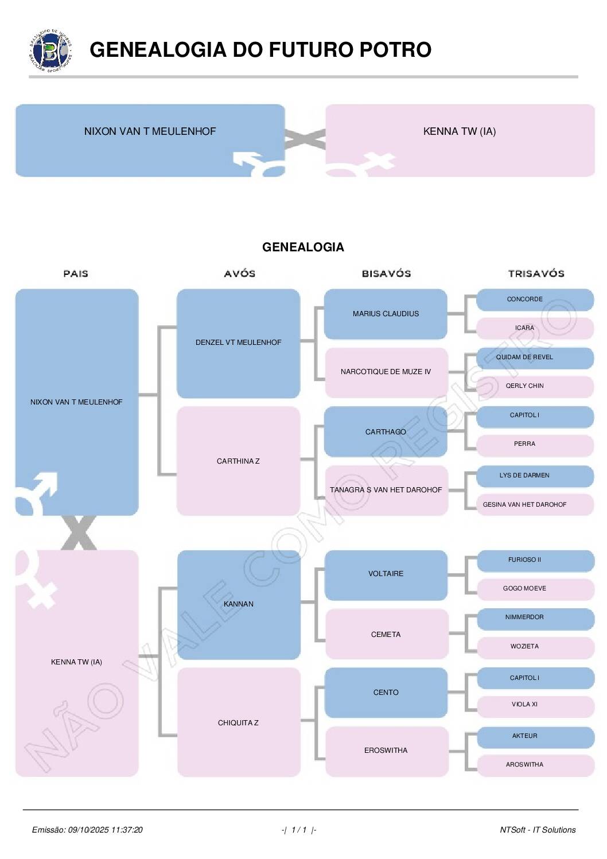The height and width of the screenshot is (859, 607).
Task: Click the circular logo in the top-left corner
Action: click(x=51, y=50)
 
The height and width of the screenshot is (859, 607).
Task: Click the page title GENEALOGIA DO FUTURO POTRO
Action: click(x=260, y=50)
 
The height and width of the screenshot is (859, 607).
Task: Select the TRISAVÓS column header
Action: click(x=536, y=274)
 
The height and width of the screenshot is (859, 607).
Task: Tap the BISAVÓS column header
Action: click(x=386, y=274)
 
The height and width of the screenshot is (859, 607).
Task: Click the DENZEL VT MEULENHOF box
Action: click(x=238, y=343)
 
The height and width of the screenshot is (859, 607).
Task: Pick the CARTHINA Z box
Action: click(x=238, y=461)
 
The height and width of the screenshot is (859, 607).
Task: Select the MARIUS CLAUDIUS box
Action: click(x=386, y=314)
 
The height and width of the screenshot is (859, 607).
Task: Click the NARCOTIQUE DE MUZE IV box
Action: click(x=386, y=372)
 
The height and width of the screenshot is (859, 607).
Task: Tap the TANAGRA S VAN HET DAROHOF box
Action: click(x=386, y=490)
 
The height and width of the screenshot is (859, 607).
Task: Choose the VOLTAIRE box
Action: click(x=386, y=574)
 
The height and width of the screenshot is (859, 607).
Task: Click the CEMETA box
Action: click(x=386, y=635)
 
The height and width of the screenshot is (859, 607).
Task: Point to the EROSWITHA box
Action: click(x=386, y=751)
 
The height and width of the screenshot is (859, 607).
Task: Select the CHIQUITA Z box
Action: click(x=238, y=723)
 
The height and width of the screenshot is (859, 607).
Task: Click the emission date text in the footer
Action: click(x=87, y=830)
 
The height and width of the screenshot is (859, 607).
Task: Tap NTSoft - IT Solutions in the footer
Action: click(x=538, y=830)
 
